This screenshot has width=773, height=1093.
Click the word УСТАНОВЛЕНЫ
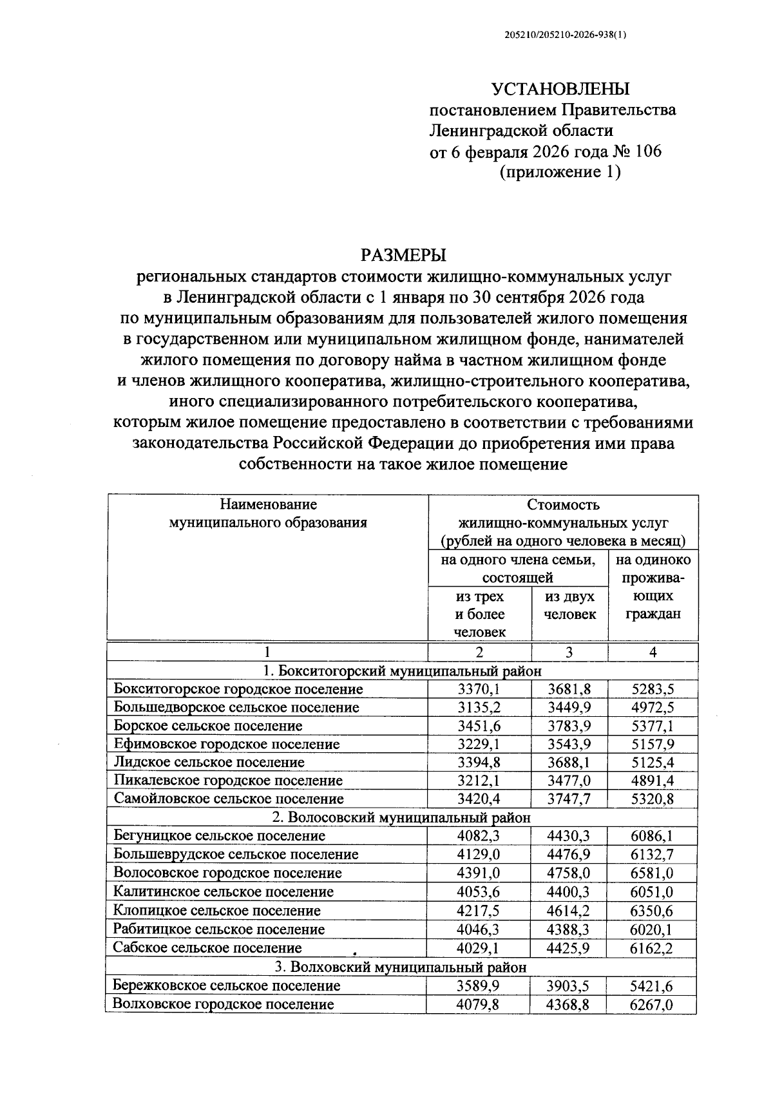560,90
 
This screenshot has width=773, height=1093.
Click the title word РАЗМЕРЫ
403,256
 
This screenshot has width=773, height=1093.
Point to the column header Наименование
268,504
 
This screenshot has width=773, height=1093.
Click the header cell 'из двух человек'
569,605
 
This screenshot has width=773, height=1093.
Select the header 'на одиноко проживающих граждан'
653,587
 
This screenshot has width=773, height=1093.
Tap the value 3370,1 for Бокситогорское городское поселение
479,689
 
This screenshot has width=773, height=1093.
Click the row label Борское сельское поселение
207,726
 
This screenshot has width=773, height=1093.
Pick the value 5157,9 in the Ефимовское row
653,744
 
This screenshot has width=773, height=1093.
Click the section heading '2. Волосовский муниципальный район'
402,818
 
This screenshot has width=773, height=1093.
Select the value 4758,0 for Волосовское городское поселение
569,873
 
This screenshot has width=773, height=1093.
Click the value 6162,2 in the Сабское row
653,948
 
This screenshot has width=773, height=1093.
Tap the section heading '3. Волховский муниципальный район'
402,967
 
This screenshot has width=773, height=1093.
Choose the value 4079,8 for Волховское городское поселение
479,1004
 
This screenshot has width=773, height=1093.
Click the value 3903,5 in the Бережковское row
569,985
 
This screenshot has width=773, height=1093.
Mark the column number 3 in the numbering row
569,652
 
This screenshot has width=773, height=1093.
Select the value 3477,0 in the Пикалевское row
569,781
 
